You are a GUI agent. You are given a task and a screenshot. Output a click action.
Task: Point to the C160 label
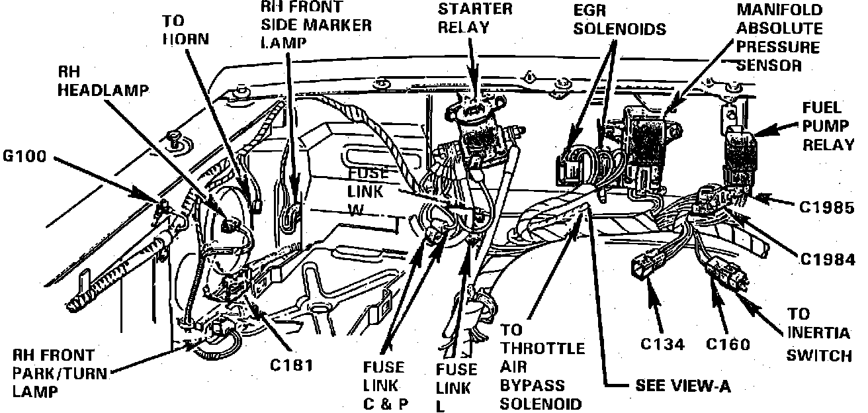(x=728, y=344)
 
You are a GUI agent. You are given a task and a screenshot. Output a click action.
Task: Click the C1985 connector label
(x=827, y=207)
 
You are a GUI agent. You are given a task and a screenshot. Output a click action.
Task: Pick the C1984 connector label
(x=827, y=260)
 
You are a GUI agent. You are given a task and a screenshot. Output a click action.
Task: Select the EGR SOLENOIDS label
(x=619, y=20)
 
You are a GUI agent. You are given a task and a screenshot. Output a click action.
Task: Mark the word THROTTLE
(x=542, y=348)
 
